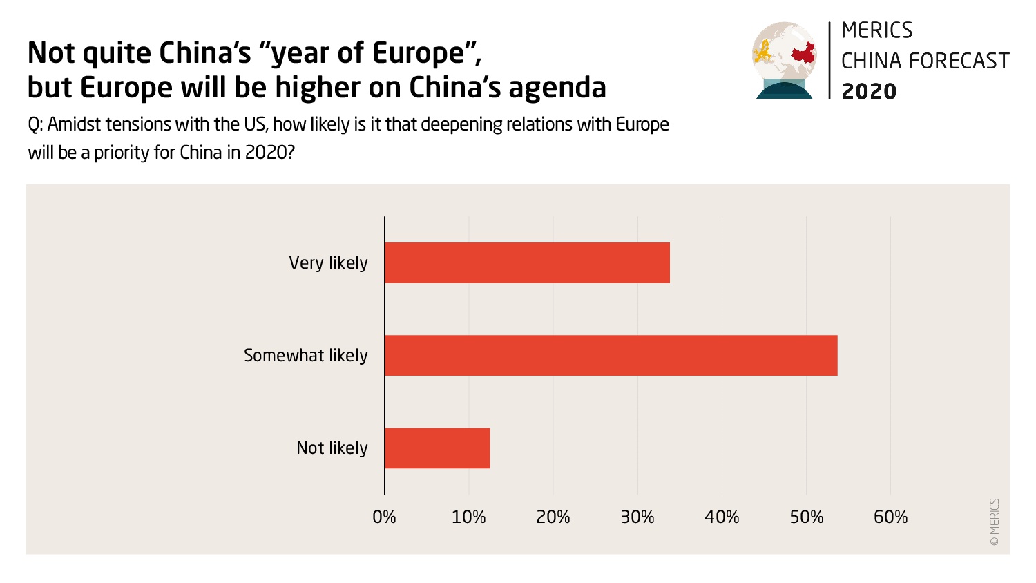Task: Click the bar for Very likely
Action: [527, 262]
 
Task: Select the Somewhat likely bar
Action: [611, 355]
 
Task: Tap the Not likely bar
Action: [437, 448]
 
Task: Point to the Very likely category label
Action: [328, 263]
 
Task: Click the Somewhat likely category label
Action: [305, 356]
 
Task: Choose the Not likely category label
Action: [332, 448]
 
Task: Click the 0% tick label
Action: [384, 517]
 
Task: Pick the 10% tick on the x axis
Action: [468, 517]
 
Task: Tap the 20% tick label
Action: [553, 517]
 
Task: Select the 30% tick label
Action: [637, 517]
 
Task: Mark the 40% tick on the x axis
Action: [722, 517]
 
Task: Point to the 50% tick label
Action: [806, 517]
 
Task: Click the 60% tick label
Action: [890, 517]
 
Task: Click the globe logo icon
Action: [784, 61]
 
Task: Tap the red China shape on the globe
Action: [803, 53]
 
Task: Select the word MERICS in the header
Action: [876, 30]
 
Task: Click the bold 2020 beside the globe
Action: [869, 91]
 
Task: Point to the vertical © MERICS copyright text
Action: [995, 522]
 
